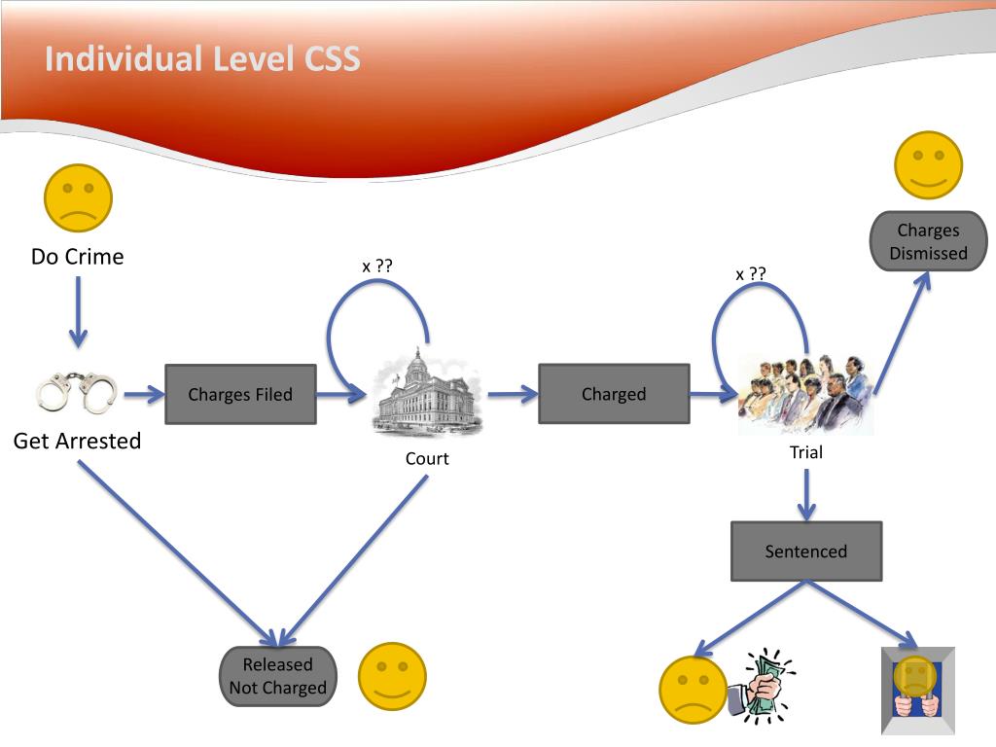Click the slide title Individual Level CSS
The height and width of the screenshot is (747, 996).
pyautogui.click(x=202, y=59)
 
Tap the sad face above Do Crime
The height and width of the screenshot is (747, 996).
pyautogui.click(x=78, y=198)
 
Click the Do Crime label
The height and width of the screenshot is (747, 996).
pyautogui.click(x=78, y=257)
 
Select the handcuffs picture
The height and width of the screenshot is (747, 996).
pyautogui.click(x=77, y=392)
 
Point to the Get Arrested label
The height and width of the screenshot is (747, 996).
pyautogui.click(x=77, y=441)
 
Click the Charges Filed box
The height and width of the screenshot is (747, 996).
pyautogui.click(x=241, y=395)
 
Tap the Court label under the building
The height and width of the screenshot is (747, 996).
pyautogui.click(x=427, y=459)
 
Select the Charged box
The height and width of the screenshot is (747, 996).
pyautogui.click(x=615, y=394)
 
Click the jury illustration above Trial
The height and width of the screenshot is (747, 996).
pyautogui.click(x=806, y=394)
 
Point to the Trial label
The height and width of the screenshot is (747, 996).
pyautogui.click(x=806, y=452)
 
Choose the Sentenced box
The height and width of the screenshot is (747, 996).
pyautogui.click(x=806, y=551)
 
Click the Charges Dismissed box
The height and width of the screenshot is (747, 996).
pyautogui.click(x=928, y=241)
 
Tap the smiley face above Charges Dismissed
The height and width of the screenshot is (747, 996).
pyautogui.click(x=928, y=165)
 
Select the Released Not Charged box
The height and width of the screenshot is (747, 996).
pyautogui.click(x=277, y=677)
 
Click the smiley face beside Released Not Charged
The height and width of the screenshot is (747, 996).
pyautogui.click(x=393, y=677)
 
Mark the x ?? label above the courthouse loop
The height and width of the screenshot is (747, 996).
pyautogui.click(x=377, y=267)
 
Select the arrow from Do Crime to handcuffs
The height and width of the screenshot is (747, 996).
pyautogui.click(x=78, y=312)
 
